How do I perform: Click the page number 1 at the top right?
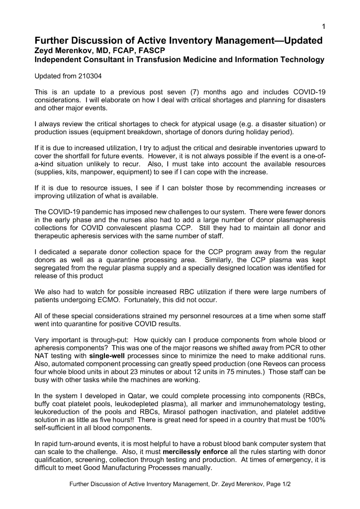[324, 26]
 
